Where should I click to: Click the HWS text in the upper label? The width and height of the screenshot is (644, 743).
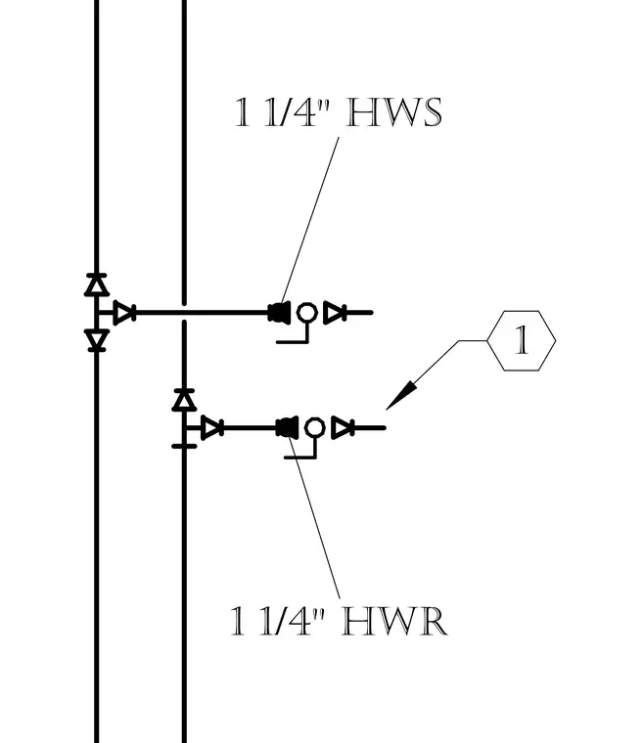(394, 112)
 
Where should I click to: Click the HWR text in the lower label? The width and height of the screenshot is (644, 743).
(394, 621)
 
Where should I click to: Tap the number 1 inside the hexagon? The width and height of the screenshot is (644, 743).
(522, 340)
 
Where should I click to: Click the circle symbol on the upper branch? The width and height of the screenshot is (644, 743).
(306, 313)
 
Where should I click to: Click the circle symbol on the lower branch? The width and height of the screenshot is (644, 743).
(314, 428)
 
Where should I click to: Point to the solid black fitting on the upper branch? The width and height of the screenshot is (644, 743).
(279, 313)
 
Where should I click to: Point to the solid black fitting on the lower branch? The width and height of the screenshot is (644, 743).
(287, 428)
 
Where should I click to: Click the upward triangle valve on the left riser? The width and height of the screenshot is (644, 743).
(97, 284)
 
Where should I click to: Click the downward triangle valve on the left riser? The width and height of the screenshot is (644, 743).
(97, 340)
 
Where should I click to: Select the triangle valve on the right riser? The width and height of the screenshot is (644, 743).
(184, 400)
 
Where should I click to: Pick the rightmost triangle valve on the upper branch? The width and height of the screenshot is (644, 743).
(335, 313)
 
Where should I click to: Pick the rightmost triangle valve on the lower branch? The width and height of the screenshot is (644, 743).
(343, 428)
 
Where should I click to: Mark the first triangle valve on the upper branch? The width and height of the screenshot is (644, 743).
(124, 313)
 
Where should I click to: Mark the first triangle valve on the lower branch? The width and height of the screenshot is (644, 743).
(212, 428)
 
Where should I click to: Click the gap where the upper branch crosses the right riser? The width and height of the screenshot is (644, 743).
(184, 313)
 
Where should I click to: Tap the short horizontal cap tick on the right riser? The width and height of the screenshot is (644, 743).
(184, 446)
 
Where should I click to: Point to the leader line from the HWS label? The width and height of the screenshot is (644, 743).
(310, 220)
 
